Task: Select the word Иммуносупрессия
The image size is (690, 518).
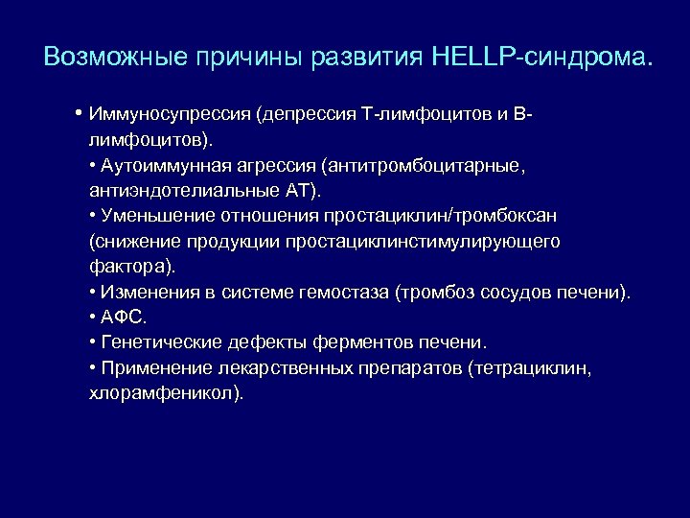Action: [168, 116]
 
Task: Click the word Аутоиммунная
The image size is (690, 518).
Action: [151, 166]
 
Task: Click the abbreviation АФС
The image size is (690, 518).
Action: [119, 317]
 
